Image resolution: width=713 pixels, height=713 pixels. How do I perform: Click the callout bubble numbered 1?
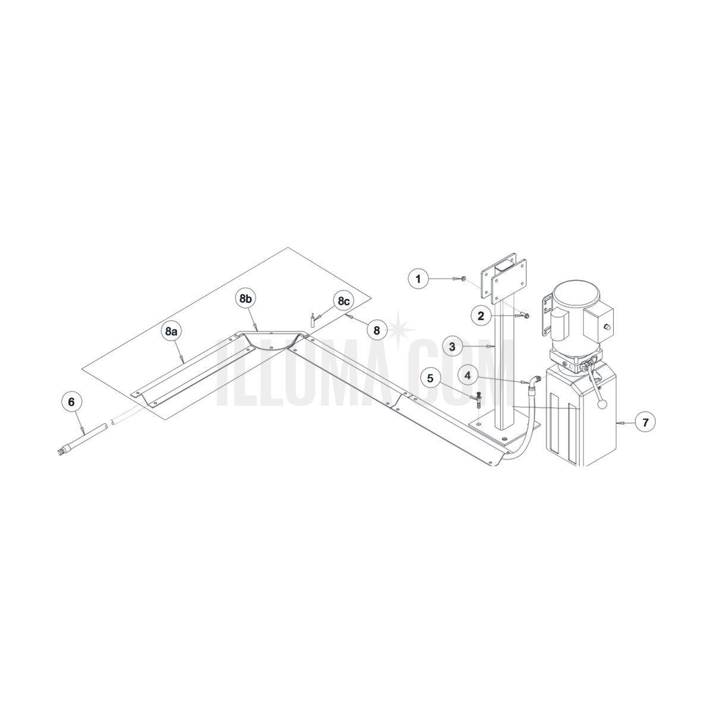point(418,279)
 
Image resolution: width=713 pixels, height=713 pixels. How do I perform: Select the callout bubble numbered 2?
point(481,316)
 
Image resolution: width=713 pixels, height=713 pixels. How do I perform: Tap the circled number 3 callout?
point(452,346)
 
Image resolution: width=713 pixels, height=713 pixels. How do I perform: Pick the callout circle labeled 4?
point(468,376)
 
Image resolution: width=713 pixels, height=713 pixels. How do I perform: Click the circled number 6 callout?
point(71,402)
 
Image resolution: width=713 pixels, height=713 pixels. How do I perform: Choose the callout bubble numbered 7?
point(645,422)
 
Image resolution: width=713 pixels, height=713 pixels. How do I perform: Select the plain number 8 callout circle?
point(377,330)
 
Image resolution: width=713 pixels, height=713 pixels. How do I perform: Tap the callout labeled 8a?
point(171,332)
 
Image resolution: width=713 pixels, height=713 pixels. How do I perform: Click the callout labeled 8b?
point(245,299)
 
